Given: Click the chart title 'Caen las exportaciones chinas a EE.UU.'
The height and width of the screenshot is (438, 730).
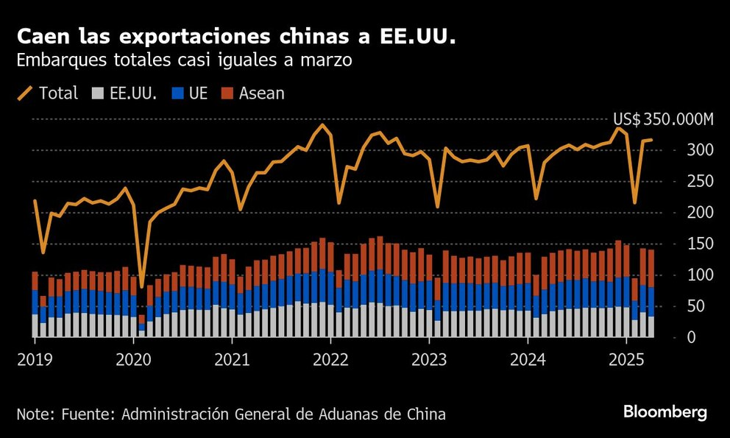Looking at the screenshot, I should [x=236, y=37].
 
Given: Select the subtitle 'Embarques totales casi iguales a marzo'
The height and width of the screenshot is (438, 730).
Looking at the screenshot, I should [x=184, y=60].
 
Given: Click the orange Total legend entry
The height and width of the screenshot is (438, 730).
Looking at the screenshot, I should [x=48, y=93].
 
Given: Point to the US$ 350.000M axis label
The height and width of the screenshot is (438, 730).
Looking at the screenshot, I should [x=663, y=120].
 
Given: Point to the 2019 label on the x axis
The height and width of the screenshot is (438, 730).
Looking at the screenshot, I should [x=35, y=361].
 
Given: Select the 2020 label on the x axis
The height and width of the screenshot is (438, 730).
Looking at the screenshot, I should [x=133, y=361].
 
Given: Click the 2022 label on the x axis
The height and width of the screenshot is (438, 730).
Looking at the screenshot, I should [x=330, y=361].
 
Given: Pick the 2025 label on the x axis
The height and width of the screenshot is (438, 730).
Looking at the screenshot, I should [x=626, y=361].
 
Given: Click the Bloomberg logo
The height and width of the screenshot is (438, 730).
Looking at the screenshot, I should [x=665, y=412].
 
